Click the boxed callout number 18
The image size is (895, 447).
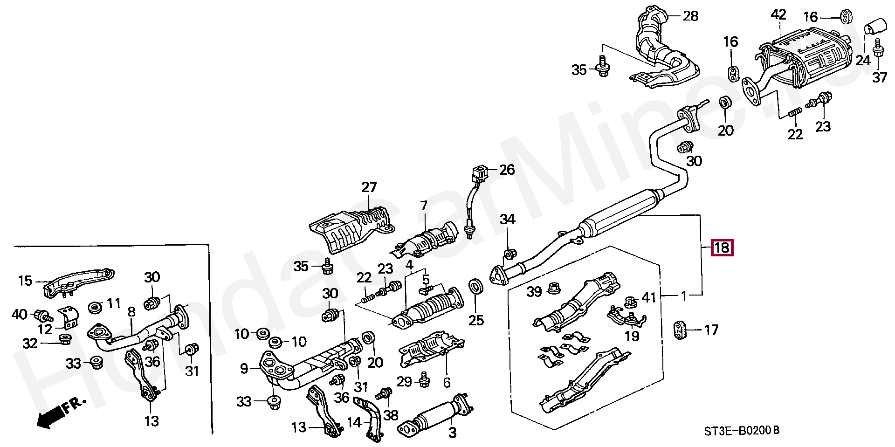click(x=722, y=247)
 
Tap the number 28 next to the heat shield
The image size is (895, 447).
click(x=690, y=16)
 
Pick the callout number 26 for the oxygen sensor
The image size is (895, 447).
click(x=507, y=170)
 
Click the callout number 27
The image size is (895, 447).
click(x=369, y=188)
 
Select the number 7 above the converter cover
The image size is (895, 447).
click(x=423, y=205)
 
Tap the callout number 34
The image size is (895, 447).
click(x=508, y=219)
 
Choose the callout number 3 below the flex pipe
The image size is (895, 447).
click(x=452, y=433)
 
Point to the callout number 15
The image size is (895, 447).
click(x=25, y=281)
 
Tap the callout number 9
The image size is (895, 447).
click(x=244, y=370)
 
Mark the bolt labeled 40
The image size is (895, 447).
click(x=41, y=316)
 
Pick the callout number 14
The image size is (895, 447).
click(x=354, y=423)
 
